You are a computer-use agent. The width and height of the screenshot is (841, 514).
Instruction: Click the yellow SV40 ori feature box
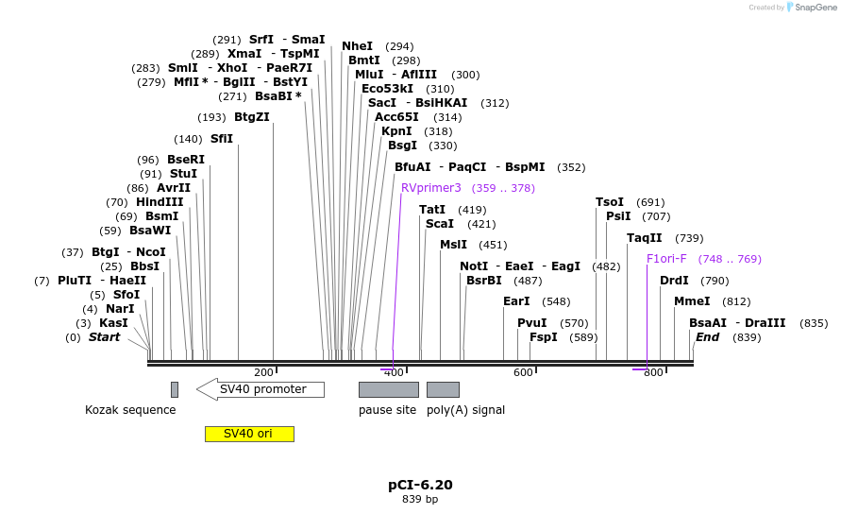point(249,434)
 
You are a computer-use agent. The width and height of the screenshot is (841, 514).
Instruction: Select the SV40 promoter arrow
point(261,389)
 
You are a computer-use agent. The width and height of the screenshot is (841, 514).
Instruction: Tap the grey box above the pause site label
point(388,389)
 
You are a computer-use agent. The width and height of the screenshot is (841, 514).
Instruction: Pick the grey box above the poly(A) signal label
point(443,389)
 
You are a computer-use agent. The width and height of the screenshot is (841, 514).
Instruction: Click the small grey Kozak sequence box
point(175,389)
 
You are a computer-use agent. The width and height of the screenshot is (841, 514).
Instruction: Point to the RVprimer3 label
point(431,188)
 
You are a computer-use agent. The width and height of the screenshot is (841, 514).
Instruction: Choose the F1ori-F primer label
point(666,259)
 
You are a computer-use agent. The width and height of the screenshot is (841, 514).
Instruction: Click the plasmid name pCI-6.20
point(420,485)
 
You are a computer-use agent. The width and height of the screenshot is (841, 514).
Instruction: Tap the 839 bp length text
point(420,499)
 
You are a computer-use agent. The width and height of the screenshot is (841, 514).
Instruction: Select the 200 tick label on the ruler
point(263,373)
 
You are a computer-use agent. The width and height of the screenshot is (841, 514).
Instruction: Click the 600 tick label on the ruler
point(523,373)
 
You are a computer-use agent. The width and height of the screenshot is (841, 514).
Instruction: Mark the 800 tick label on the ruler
point(653,373)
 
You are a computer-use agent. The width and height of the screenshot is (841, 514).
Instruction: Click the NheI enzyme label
point(357,46)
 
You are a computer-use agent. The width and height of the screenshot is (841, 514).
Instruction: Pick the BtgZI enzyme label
point(252,117)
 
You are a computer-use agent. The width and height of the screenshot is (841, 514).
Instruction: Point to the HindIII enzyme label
point(159,202)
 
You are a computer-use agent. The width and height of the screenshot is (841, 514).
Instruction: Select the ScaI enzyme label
point(440,224)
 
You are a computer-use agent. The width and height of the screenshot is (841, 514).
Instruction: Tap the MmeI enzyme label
point(692,301)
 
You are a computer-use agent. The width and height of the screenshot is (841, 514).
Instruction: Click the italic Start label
point(104,337)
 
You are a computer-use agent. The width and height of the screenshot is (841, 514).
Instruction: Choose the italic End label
point(708,337)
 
